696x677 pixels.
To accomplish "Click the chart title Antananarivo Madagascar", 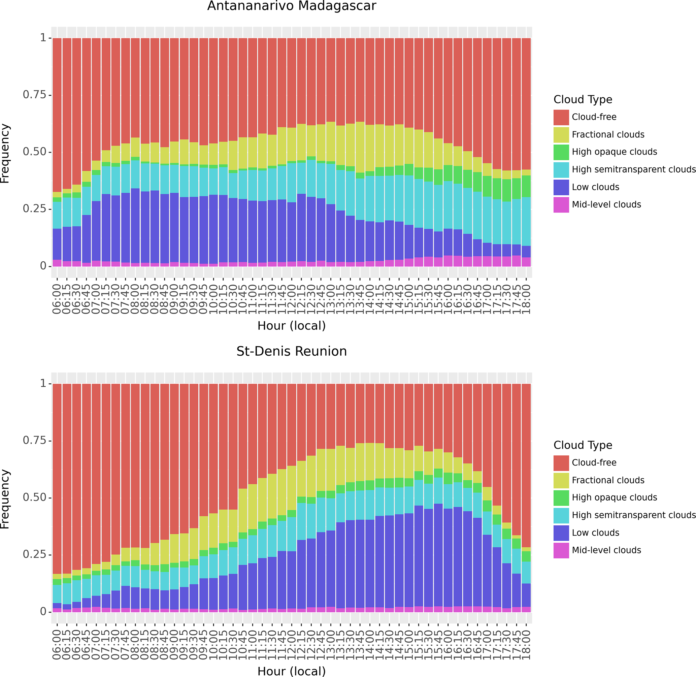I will pyautogui.click(x=292, y=6).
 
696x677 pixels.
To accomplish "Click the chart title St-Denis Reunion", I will pyautogui.click(x=292, y=351).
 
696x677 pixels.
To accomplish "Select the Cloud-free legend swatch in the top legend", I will pyautogui.click(x=561, y=117).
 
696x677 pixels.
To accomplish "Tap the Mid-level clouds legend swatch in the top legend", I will pyautogui.click(x=561, y=205).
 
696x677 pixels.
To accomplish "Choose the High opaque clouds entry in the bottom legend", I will pyautogui.click(x=614, y=498).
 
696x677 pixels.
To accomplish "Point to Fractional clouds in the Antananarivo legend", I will pyautogui.click(x=607, y=135).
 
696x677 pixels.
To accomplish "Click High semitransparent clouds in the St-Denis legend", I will pyautogui.click(x=633, y=515).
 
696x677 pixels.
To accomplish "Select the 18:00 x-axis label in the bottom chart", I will pyautogui.click(x=526, y=645).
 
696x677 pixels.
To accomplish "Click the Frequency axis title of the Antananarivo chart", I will pyautogui.click(x=5, y=153).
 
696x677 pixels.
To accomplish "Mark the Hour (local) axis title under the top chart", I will pyautogui.click(x=292, y=326).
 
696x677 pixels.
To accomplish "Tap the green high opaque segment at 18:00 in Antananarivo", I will pyautogui.click(x=526, y=186).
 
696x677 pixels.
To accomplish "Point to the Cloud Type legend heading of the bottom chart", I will pyautogui.click(x=583, y=445).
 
